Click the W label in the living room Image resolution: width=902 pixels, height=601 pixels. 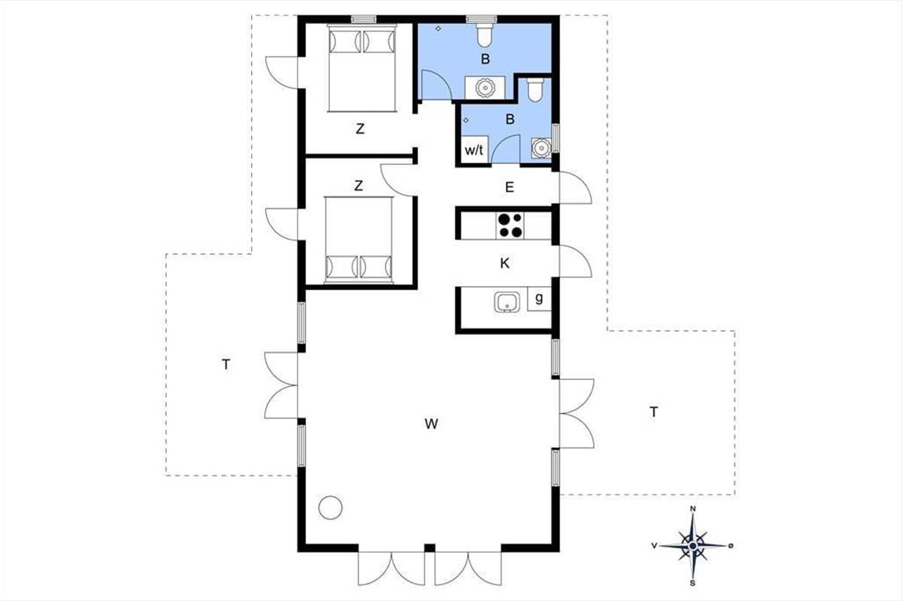(431, 424)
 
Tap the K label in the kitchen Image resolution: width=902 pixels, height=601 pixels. (504, 263)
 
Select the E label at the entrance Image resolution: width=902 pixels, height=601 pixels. (510, 187)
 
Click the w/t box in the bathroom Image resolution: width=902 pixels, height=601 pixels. (474, 149)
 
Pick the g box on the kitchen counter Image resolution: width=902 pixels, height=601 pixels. (539, 298)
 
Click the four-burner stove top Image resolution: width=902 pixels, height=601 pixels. (510, 225)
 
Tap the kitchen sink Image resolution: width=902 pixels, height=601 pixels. (507, 302)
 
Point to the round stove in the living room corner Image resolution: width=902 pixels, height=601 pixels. (330, 508)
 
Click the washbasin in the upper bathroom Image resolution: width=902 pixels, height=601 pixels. (484, 87)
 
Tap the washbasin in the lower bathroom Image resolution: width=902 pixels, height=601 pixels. (540, 149)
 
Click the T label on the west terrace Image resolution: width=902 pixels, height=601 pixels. (226, 364)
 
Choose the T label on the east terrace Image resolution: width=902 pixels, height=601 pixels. (654, 412)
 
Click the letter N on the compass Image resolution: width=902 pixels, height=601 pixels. (693, 509)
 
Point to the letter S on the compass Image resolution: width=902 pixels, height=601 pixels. (692, 582)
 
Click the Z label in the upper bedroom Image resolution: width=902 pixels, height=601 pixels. (360, 128)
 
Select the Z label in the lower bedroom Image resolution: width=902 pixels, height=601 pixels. (359, 186)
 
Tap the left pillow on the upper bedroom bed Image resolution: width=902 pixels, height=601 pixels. (345, 41)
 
